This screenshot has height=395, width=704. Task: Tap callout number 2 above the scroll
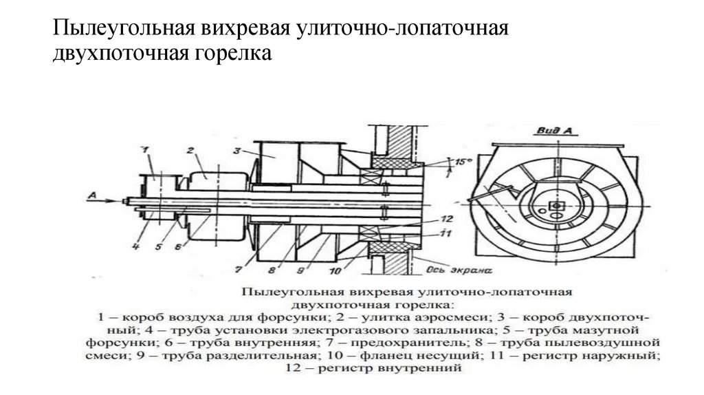point(190,149)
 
